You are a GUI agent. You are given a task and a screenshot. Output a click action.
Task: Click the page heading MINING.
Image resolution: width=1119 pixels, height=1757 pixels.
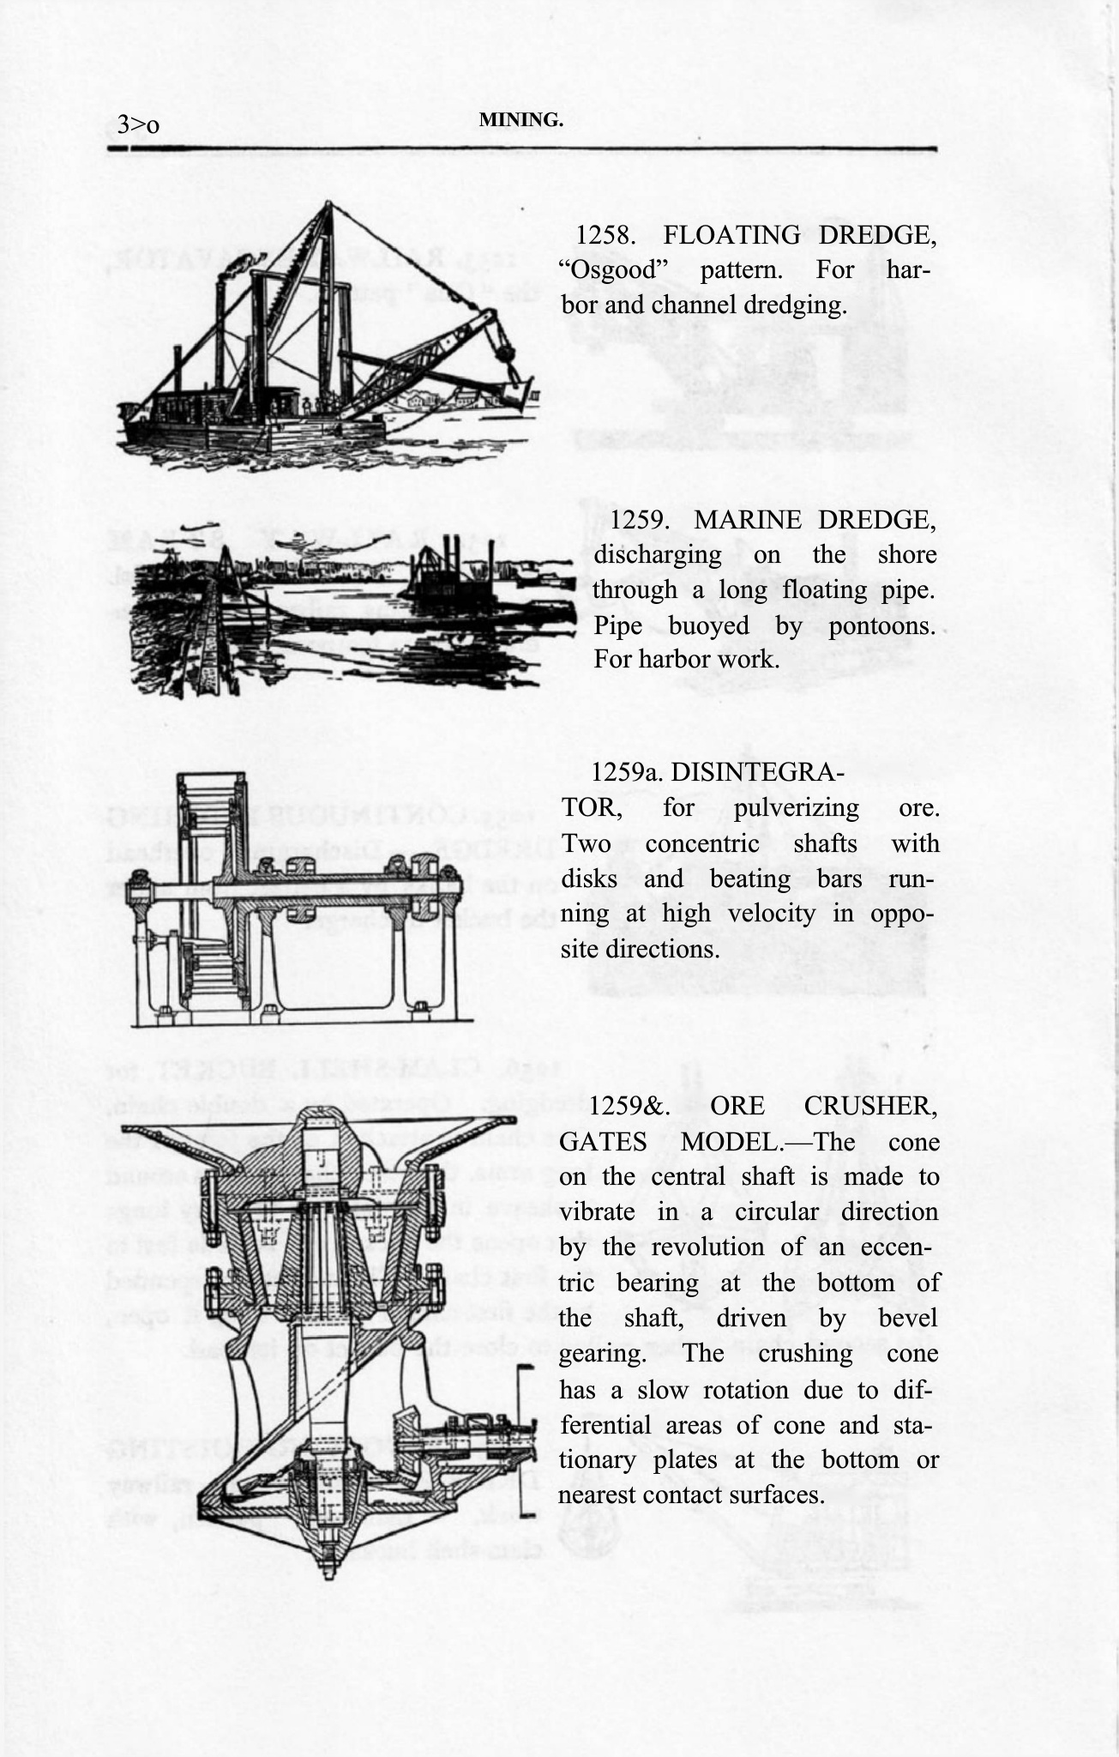tap(520, 121)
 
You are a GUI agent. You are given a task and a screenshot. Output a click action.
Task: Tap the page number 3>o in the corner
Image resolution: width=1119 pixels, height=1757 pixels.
tap(139, 125)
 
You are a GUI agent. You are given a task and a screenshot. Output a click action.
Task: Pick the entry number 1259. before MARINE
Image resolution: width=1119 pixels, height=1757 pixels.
tap(641, 520)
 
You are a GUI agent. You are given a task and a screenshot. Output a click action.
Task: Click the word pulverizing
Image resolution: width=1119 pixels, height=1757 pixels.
tap(785, 808)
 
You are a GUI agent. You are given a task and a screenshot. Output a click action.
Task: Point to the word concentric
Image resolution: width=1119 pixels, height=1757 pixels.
tap(701, 843)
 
